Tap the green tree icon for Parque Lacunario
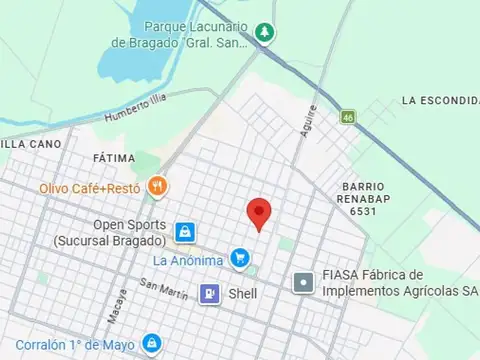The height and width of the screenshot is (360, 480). click(x=264, y=32)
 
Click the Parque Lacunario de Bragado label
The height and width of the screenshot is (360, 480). click(x=183, y=34)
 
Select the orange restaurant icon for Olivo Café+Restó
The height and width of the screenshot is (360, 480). click(x=156, y=186)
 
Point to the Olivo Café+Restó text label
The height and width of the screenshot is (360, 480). click(x=89, y=187)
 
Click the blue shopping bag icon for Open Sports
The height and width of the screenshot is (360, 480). click(x=184, y=232)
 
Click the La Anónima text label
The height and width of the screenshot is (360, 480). click(x=188, y=260)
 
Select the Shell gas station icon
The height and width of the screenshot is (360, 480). click(x=210, y=293)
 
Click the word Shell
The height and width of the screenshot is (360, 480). click(x=243, y=294)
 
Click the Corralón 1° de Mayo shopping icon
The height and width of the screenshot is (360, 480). click(x=151, y=343)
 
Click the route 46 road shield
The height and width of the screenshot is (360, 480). click(x=347, y=118)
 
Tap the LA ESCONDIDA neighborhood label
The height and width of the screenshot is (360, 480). click(x=440, y=101)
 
